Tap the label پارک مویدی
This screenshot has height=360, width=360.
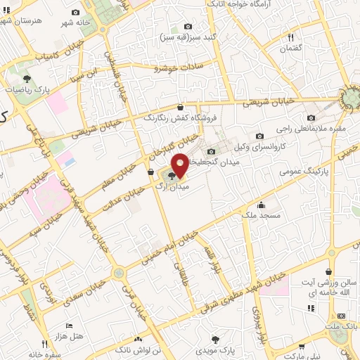click(x=224, y=348)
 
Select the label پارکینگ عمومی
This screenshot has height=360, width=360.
click(x=304, y=171)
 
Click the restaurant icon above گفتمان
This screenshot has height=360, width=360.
click(x=290, y=37)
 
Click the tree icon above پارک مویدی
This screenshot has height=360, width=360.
click(x=224, y=338)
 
